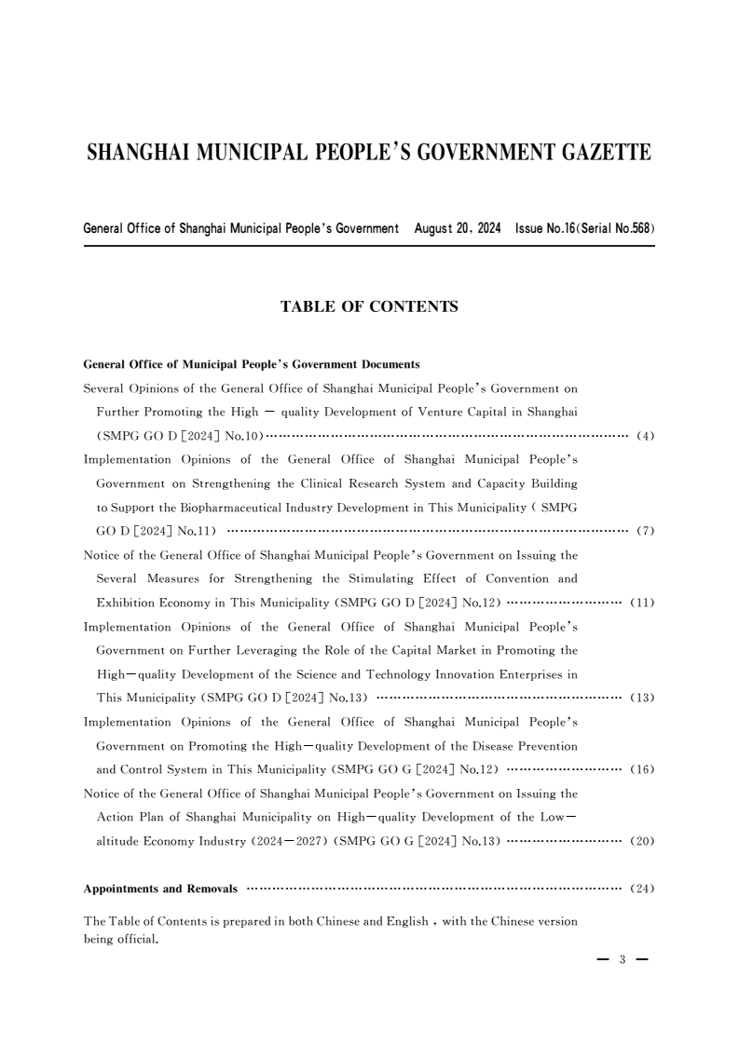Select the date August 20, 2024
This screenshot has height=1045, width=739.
[458, 228]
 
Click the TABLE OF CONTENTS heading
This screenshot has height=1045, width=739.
[369, 306]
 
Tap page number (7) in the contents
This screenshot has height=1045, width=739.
[645, 532]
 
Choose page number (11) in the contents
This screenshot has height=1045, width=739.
[643, 603]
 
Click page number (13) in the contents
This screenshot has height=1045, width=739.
[643, 699]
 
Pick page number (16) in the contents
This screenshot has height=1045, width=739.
[643, 770]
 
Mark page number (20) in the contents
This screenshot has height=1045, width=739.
[643, 841]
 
